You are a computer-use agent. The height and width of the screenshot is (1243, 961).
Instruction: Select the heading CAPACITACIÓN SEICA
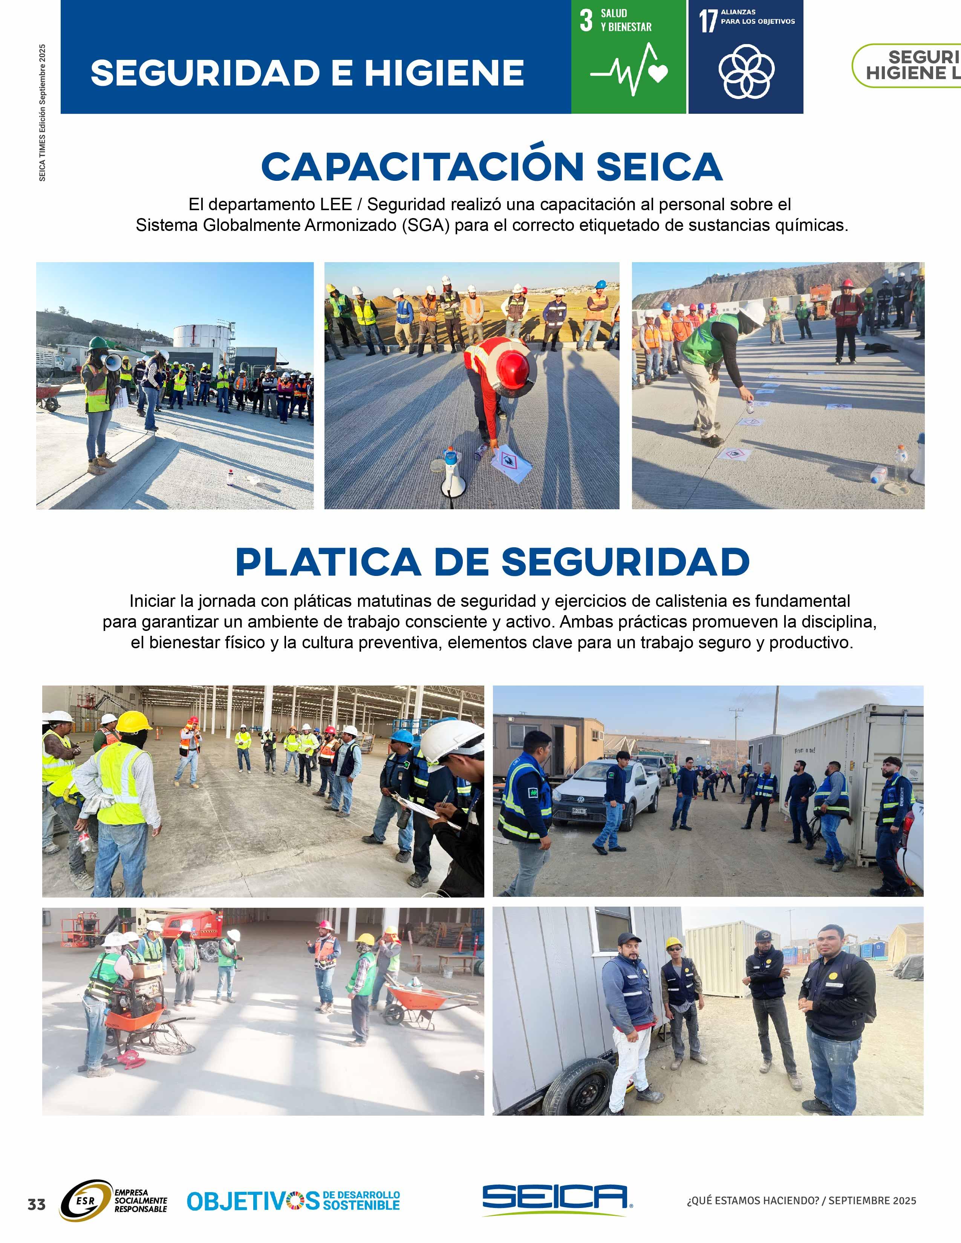click(x=492, y=167)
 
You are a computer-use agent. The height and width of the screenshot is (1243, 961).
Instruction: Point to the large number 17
click(x=708, y=21)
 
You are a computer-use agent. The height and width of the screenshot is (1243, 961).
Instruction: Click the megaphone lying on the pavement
click(x=453, y=475)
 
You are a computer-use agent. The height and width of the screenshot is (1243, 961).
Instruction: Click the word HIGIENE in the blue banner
click(x=444, y=73)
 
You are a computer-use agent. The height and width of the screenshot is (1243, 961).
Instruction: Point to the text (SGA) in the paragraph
click(x=426, y=225)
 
